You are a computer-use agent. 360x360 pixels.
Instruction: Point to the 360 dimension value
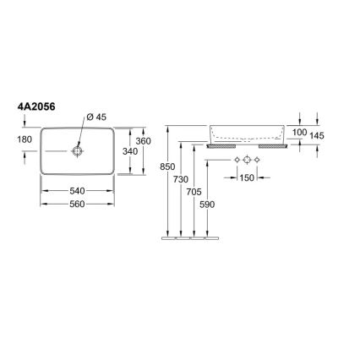point(144,140)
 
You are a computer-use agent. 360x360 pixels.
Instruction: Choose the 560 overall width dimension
point(78,204)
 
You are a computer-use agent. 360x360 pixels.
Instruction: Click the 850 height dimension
point(166,167)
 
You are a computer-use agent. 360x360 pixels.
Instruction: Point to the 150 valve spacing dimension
point(246,178)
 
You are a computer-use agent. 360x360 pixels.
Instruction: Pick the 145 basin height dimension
point(318,134)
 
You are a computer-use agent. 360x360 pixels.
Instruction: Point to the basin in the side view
point(245,134)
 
